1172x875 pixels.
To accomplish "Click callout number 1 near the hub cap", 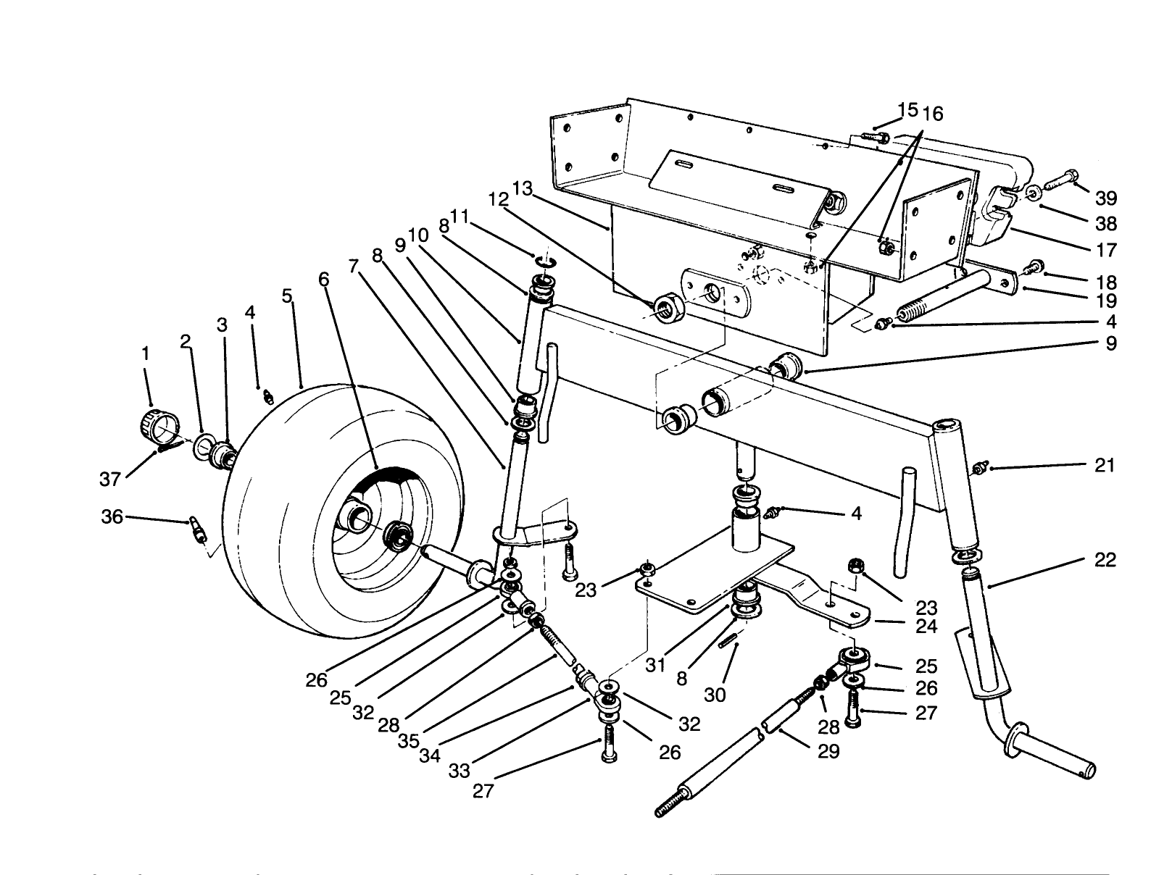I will pyautogui.click(x=146, y=353).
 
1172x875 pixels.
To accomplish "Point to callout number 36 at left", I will pyautogui.click(x=112, y=517).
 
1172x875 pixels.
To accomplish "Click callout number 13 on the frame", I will pyautogui.click(x=522, y=190).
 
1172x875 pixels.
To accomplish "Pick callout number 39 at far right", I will pyautogui.click(x=1105, y=198).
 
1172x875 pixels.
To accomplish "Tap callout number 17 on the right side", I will pyautogui.click(x=1106, y=251).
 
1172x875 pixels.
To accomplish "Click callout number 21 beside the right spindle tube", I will pyautogui.click(x=1105, y=466).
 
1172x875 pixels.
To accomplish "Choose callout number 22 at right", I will pyautogui.click(x=1105, y=560).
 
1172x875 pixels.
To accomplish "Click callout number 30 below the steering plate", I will pyautogui.click(x=715, y=695).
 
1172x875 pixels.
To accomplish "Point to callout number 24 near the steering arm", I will pyautogui.click(x=926, y=627).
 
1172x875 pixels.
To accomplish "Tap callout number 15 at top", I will pyautogui.click(x=907, y=110).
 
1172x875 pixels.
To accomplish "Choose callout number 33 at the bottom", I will pyautogui.click(x=460, y=771).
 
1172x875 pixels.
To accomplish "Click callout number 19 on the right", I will pyautogui.click(x=1106, y=301).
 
